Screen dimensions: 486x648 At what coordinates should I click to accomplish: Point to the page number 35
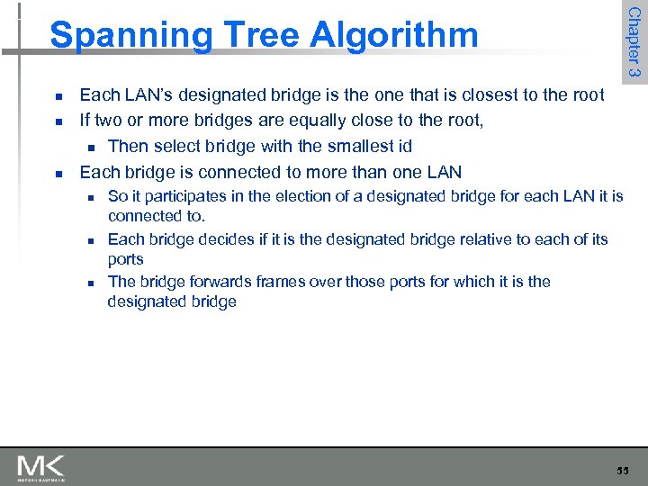click(x=623, y=470)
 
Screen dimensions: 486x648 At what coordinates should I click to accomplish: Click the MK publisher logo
click(x=40, y=468)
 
